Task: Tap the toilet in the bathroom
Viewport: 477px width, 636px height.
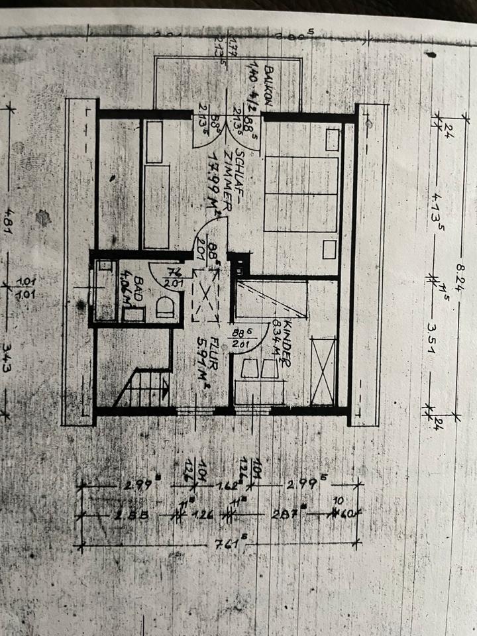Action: click(166, 307)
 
